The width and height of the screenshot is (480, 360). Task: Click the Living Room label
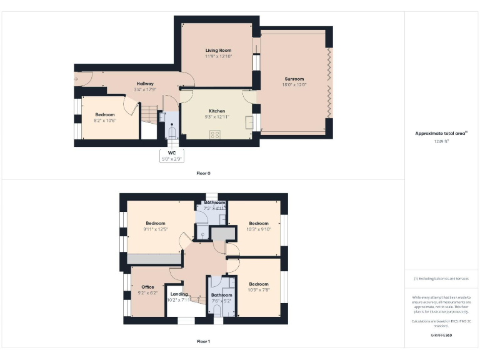point(219,50)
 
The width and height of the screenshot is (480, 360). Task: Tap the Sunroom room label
point(295,79)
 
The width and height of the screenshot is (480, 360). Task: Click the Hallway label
point(145,84)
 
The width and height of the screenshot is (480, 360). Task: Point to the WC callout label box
point(172,156)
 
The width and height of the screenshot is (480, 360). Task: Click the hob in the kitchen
point(216,133)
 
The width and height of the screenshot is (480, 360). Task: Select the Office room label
point(147,287)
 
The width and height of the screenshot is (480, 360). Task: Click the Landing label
point(179,294)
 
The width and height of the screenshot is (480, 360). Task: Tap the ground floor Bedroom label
point(104,114)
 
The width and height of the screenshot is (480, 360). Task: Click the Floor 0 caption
point(204,172)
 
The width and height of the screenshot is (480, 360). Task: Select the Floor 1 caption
point(204,341)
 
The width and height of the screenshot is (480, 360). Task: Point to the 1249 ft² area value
point(442,141)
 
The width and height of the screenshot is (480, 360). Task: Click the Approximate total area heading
point(441,133)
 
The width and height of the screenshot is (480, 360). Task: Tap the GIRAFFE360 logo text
point(441,336)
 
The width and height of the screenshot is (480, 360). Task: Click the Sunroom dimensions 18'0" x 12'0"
point(295,84)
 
